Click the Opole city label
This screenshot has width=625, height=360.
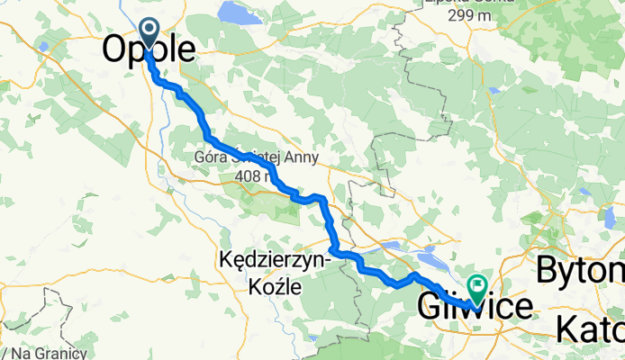pyautogui.click(x=149, y=49)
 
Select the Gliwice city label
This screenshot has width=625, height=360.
pyautogui.click(x=475, y=306)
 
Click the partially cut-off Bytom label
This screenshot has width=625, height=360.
pyautogui.click(x=580, y=270)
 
